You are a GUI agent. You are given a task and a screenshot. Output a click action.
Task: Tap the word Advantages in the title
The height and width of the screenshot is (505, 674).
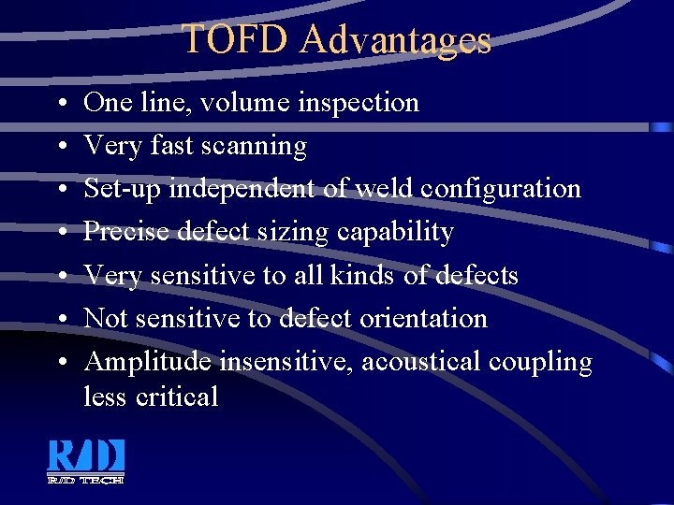[x=397, y=40]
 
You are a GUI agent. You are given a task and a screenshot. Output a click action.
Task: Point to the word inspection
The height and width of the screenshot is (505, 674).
[x=359, y=102]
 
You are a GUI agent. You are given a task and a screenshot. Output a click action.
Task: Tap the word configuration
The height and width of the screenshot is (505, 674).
[x=501, y=188]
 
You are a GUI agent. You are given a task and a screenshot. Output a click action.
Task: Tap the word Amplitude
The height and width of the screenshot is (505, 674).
[x=147, y=362]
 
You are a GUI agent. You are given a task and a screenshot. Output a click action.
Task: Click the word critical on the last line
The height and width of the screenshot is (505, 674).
[x=177, y=397]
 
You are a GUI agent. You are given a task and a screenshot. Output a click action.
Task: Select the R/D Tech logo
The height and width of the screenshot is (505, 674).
[x=86, y=461]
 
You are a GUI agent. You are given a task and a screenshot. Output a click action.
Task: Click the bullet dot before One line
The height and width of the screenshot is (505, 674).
[x=59, y=103]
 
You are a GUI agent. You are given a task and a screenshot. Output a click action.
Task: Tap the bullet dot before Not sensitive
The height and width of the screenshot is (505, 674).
[x=59, y=319]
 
